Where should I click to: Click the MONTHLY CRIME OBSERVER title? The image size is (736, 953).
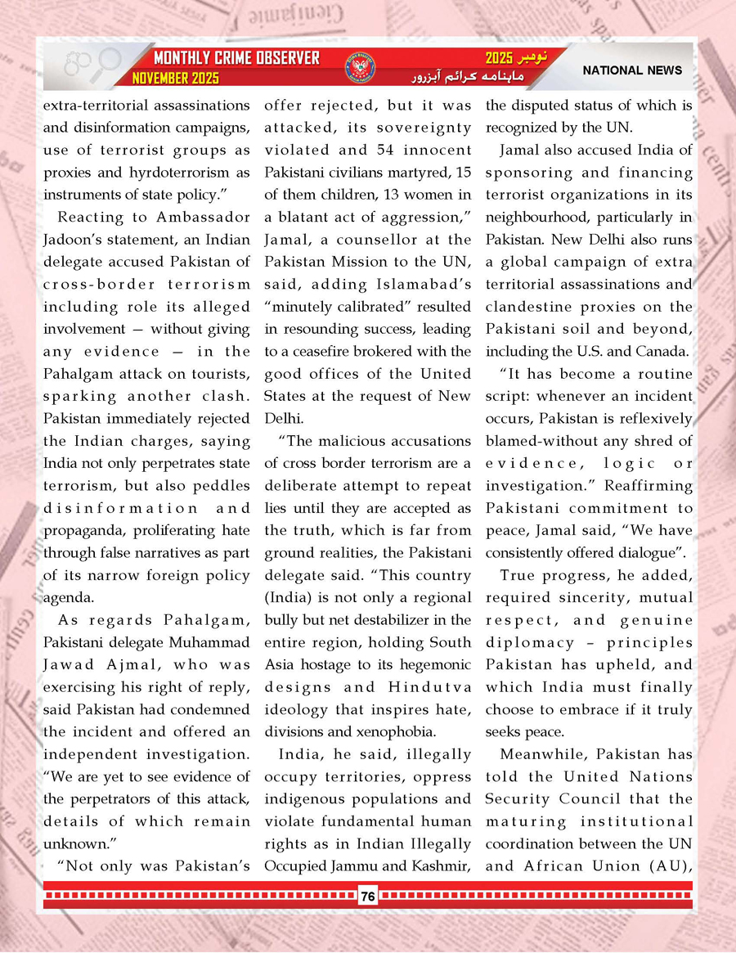(236, 59)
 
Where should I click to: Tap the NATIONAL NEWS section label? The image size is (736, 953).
(632, 70)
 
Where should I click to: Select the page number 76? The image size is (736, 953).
(367, 897)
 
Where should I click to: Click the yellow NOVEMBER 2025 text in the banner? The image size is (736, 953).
(175, 79)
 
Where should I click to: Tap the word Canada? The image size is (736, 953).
(662, 352)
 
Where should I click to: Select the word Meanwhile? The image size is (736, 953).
(543, 754)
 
